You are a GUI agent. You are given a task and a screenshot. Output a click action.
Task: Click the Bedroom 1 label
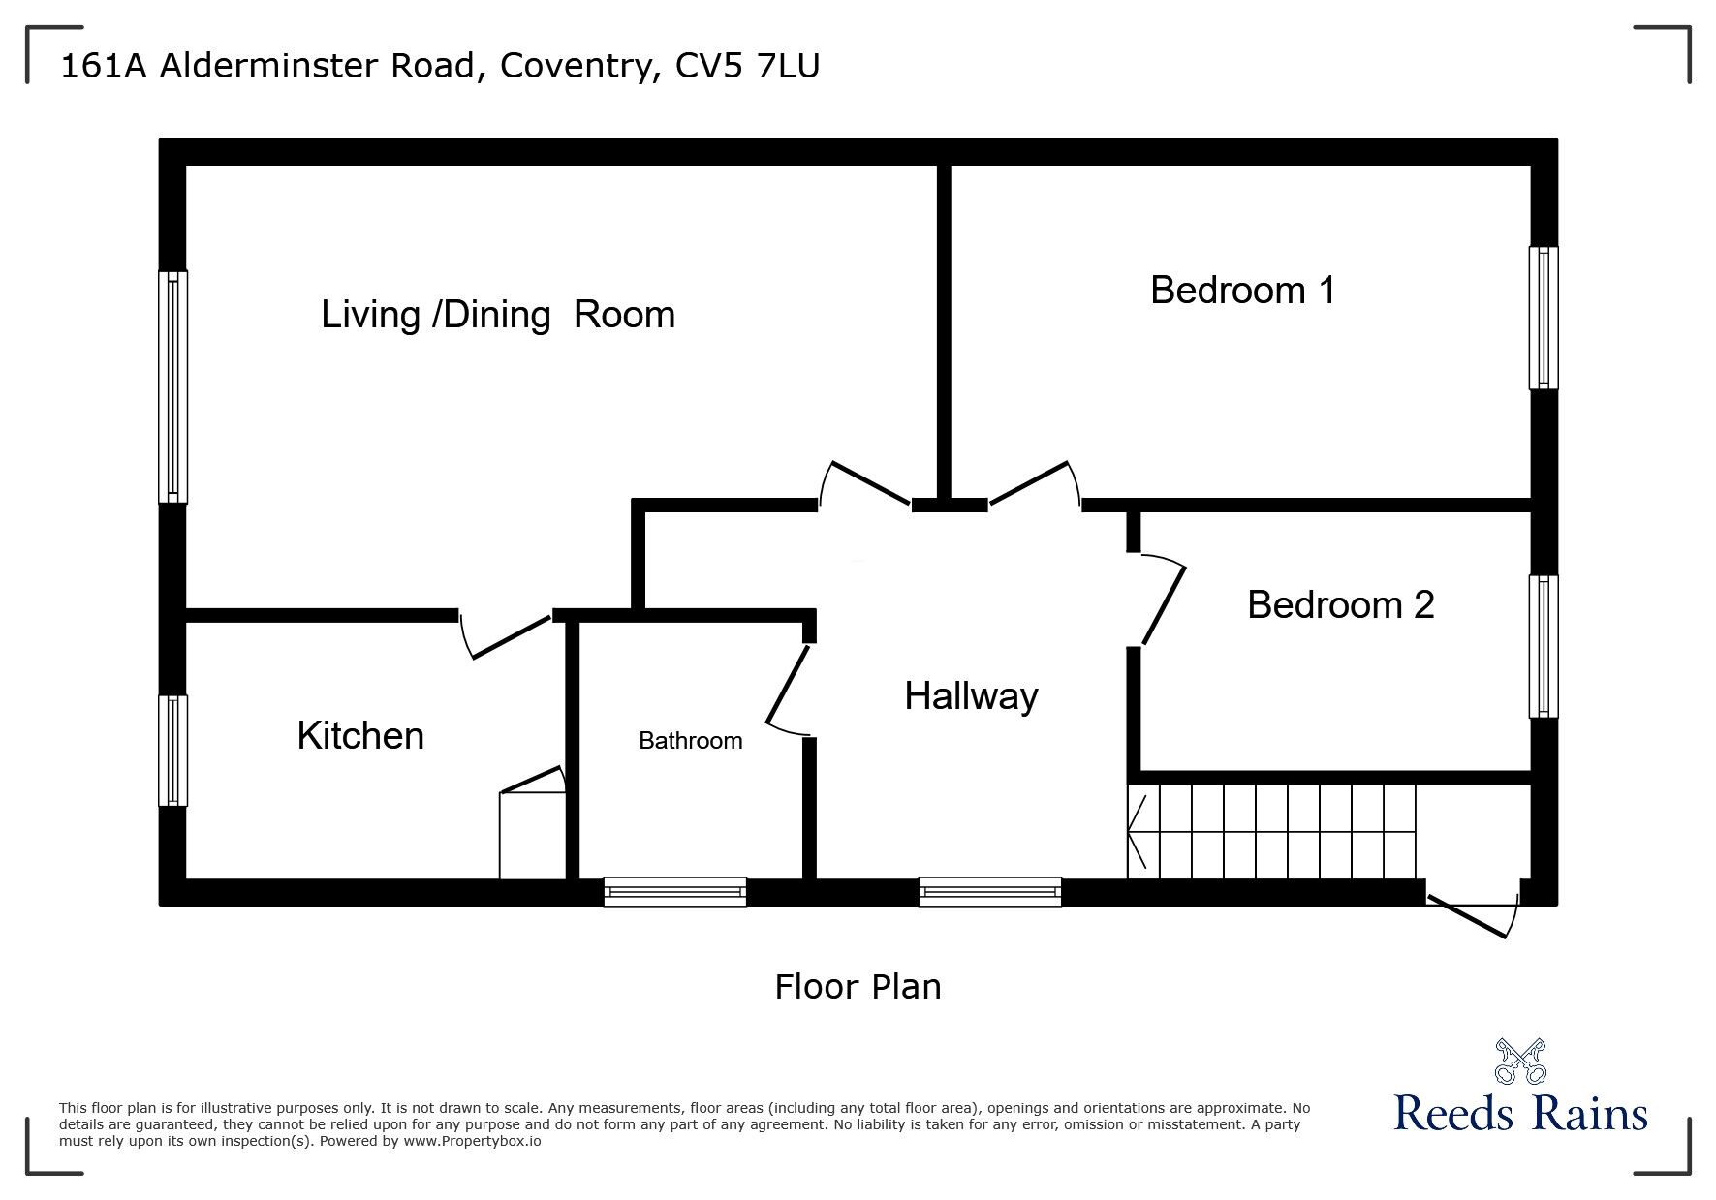pyautogui.click(x=1242, y=291)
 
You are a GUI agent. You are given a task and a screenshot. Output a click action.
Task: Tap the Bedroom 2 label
pyautogui.click(x=1340, y=604)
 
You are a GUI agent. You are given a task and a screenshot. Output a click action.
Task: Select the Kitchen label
pyautogui.click(x=360, y=735)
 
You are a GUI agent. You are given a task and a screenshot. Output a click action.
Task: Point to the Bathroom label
pyautogui.click(x=690, y=741)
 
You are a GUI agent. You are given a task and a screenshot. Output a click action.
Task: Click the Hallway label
pyautogui.click(x=971, y=695)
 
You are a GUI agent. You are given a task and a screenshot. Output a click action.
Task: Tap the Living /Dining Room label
pyautogui.click(x=497, y=315)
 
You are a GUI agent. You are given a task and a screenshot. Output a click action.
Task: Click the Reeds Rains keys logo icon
pyautogui.click(x=1520, y=1061)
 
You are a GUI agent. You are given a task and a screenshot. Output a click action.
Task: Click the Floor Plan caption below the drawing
pyautogui.click(x=858, y=987)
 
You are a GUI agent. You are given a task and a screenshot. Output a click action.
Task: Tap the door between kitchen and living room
pyautogui.click(x=507, y=635)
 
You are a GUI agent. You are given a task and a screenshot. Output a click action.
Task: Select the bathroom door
pyautogui.click(x=789, y=689)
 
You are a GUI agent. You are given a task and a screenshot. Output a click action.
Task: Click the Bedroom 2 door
pyautogui.click(x=1162, y=601)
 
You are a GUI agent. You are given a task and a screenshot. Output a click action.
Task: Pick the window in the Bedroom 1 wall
pyautogui.click(x=1544, y=318)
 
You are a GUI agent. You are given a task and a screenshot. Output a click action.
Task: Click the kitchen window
pyautogui.click(x=172, y=750)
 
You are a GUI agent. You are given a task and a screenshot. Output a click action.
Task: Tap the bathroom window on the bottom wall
pyautogui.click(x=674, y=891)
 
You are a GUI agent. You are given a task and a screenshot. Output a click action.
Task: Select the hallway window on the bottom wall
pyautogui.click(x=989, y=891)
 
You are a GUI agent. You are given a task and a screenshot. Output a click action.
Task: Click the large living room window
pyautogui.click(x=172, y=386)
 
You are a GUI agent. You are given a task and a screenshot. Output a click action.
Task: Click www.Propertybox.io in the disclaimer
pyautogui.click(x=473, y=1141)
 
